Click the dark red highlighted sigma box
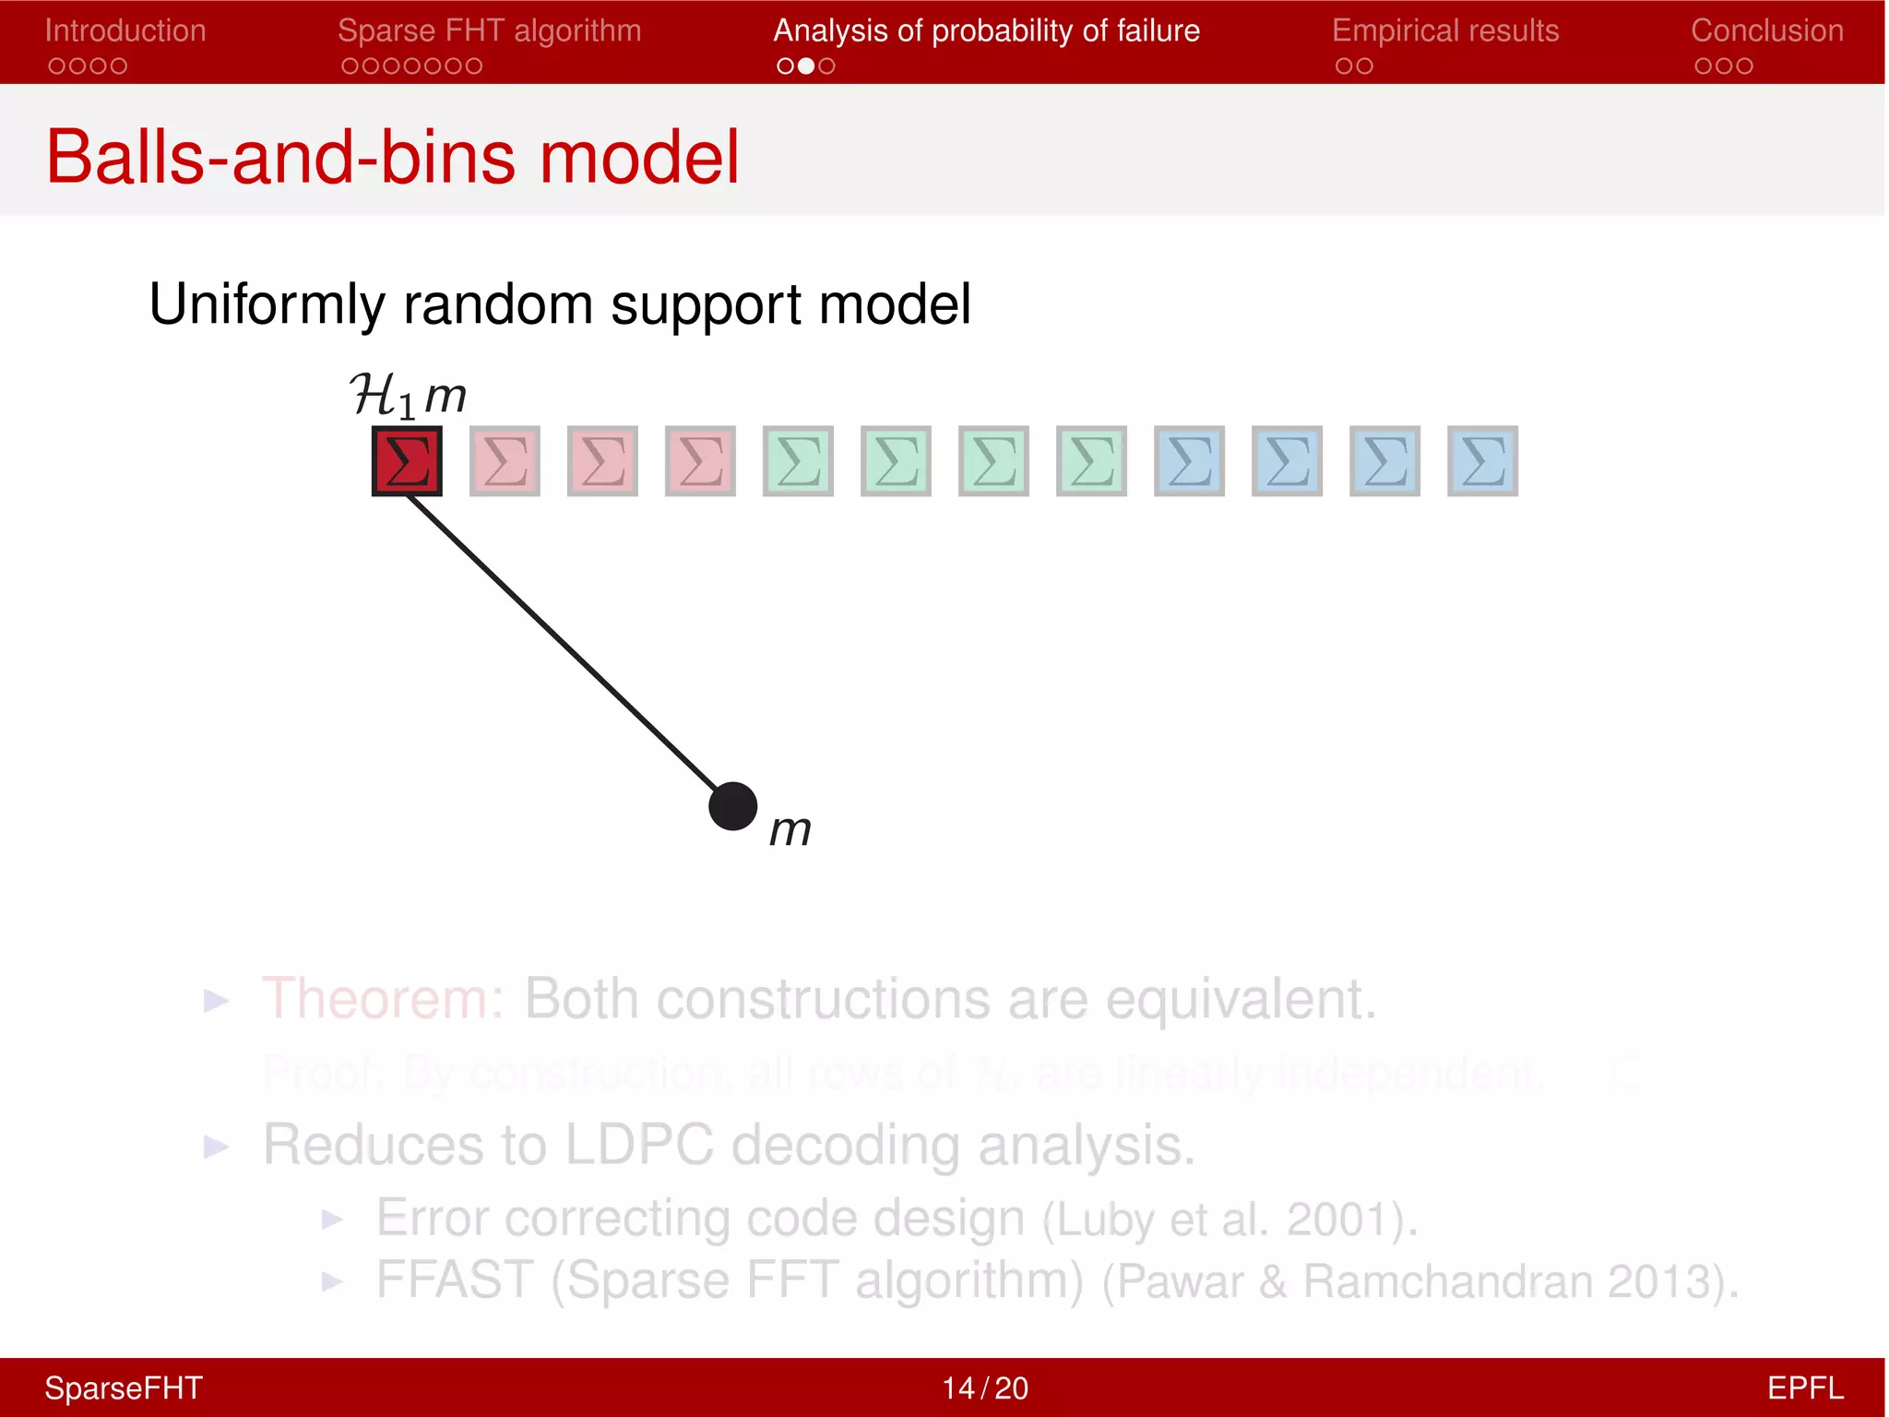pyautogui.click(x=407, y=460)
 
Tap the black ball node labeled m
pyautogui.click(x=732, y=806)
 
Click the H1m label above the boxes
pyautogui.click(x=408, y=396)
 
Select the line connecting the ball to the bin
pyautogui.click(x=563, y=643)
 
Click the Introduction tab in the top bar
pyautogui.click(x=125, y=30)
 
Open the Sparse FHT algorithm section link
pyautogui.click(x=489, y=30)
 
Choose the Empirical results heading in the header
pyautogui.click(x=1444, y=30)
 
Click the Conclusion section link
pyautogui.click(x=1766, y=30)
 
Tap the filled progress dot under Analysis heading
pyautogui.click(x=806, y=65)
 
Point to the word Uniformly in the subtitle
pyautogui.click(x=267, y=304)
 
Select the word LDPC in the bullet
pyautogui.click(x=638, y=1145)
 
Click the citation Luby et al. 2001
pyautogui.click(x=1229, y=1220)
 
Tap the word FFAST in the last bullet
pyautogui.click(x=455, y=1280)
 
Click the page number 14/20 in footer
pyautogui.click(x=984, y=1388)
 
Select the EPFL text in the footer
pyautogui.click(x=1804, y=1388)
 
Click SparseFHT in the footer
pyautogui.click(x=124, y=1388)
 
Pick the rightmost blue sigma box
pyautogui.click(x=1482, y=460)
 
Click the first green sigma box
pyautogui.click(x=798, y=460)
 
